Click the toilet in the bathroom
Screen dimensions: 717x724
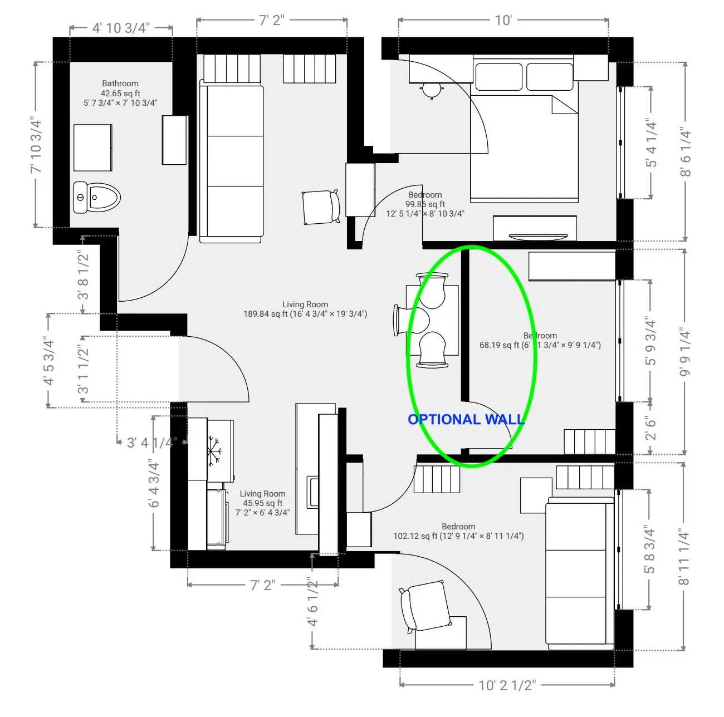coord(97,197)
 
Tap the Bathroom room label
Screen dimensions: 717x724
coord(120,84)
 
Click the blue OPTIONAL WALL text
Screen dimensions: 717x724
coord(466,420)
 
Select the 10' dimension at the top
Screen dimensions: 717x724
coord(503,21)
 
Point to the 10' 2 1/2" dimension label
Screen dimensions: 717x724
coord(507,685)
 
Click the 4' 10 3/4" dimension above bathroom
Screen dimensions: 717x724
coord(121,28)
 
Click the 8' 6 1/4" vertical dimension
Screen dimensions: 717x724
coord(686,153)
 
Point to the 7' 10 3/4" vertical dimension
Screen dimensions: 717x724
coord(36,145)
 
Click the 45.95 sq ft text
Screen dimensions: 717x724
coord(262,503)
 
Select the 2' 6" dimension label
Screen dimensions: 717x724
coord(650,428)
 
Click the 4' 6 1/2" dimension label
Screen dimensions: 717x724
coord(312,601)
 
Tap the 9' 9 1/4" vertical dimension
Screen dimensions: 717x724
coord(686,352)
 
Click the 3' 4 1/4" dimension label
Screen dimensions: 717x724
coord(151,443)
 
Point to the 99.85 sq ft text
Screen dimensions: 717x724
coord(425,204)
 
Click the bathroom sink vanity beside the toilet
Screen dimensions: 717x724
coord(93,148)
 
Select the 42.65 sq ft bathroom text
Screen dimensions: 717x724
coord(120,94)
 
